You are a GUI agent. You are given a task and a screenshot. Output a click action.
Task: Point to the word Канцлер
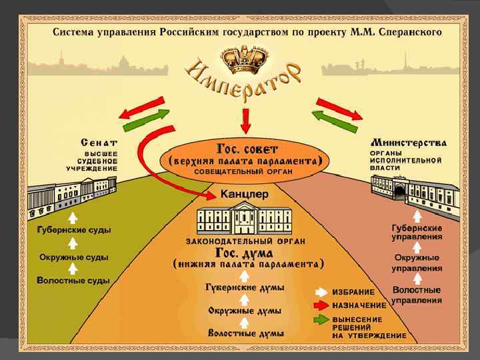(245, 195)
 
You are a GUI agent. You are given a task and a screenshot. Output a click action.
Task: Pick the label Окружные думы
(245, 311)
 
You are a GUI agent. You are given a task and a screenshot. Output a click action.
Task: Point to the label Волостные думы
(245, 333)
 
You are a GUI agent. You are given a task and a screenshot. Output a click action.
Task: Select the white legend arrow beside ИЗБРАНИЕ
(321, 292)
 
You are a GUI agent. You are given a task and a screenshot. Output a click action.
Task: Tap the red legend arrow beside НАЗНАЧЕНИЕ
(321, 305)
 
